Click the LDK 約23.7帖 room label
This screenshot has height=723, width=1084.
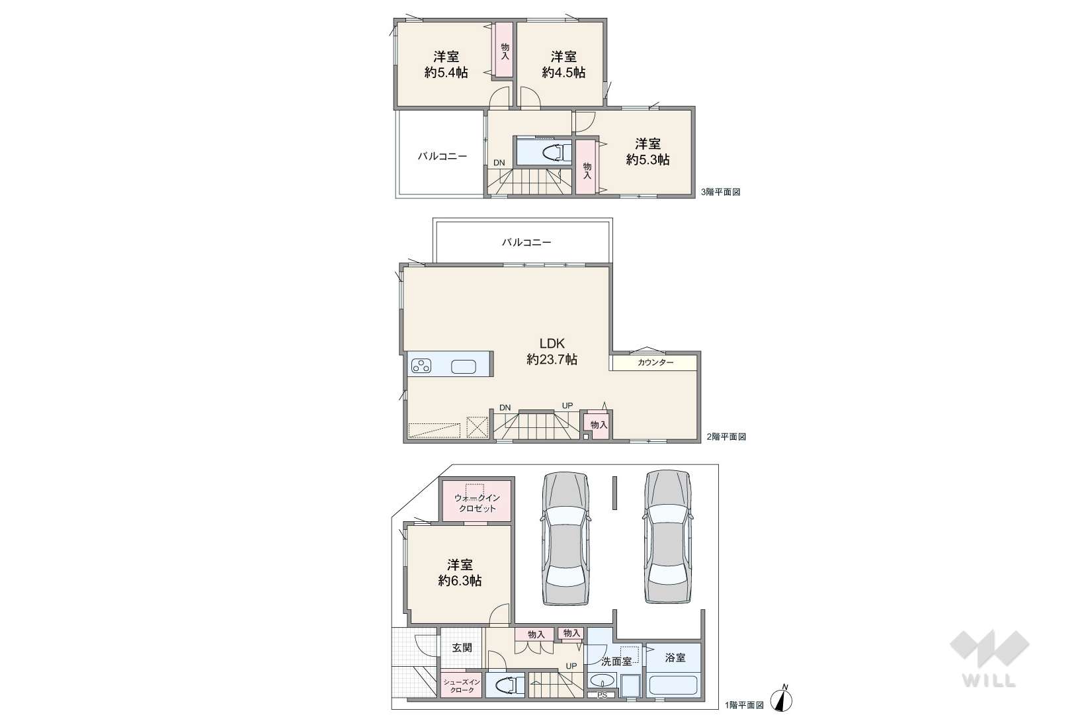point(552,351)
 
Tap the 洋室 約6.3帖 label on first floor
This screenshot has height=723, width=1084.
point(460,572)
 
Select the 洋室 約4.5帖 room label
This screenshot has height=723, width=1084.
point(563,64)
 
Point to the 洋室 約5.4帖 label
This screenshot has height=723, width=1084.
point(446,64)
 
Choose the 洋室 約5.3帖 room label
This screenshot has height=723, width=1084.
point(648,151)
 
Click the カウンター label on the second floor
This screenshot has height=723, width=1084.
point(655,362)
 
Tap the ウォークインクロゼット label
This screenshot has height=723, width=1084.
point(477,503)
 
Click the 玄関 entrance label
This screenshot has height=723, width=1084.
point(462,648)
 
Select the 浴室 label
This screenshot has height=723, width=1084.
point(675,658)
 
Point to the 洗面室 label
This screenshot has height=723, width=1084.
point(616,661)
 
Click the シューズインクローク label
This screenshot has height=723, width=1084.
point(462,686)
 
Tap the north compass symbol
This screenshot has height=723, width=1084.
point(782,699)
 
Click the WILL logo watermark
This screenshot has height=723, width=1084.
point(989,658)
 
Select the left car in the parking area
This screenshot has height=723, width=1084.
point(566,538)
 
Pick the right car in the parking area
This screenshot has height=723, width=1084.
point(668,536)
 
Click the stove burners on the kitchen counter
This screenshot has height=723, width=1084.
point(421,366)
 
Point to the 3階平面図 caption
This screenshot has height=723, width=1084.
point(720,192)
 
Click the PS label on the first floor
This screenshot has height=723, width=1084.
point(602,695)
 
